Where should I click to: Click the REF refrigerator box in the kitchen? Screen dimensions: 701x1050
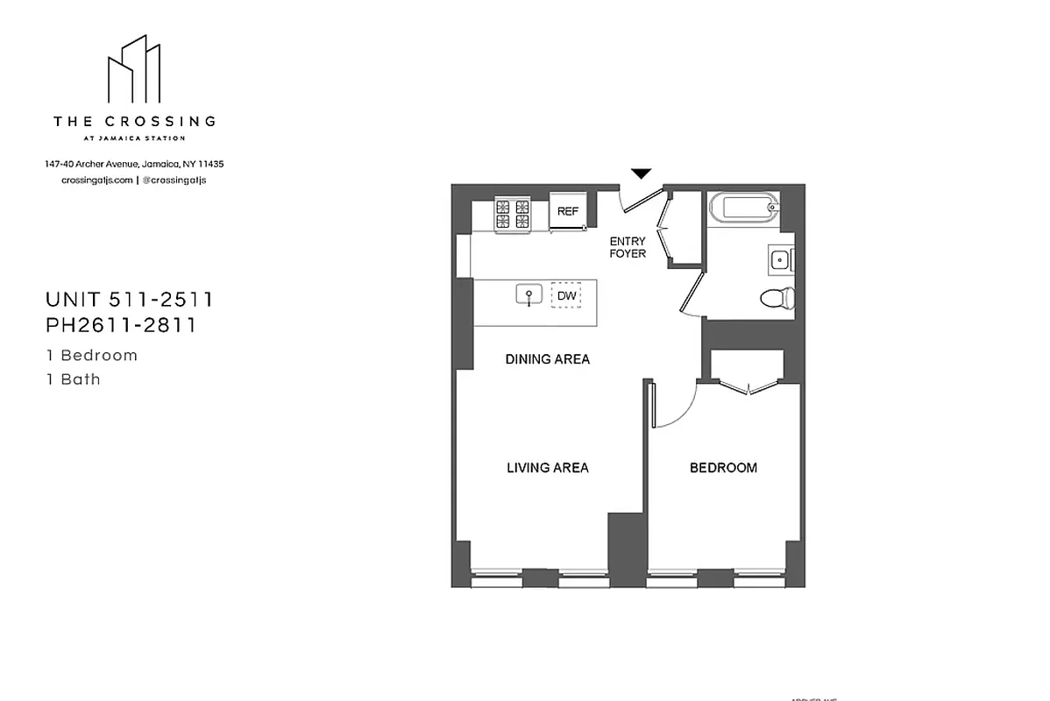(x=568, y=211)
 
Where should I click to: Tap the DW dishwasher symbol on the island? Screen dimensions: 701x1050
(x=567, y=296)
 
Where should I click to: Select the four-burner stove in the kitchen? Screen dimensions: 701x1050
(x=513, y=216)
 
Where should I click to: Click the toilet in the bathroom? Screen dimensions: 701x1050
(x=777, y=298)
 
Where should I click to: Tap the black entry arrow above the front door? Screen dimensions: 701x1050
(x=642, y=173)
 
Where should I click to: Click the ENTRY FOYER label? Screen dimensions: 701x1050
(x=628, y=247)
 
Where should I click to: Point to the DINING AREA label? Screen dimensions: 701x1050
(x=547, y=359)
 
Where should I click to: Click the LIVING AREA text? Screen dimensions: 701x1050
(x=547, y=468)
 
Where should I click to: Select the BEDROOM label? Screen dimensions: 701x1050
(x=723, y=468)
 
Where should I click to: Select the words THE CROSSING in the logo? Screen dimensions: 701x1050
(x=134, y=122)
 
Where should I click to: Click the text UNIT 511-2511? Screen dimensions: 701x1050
(x=130, y=300)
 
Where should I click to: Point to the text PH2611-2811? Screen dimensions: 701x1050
(x=120, y=325)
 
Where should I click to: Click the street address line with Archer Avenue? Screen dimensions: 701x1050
(x=134, y=164)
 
